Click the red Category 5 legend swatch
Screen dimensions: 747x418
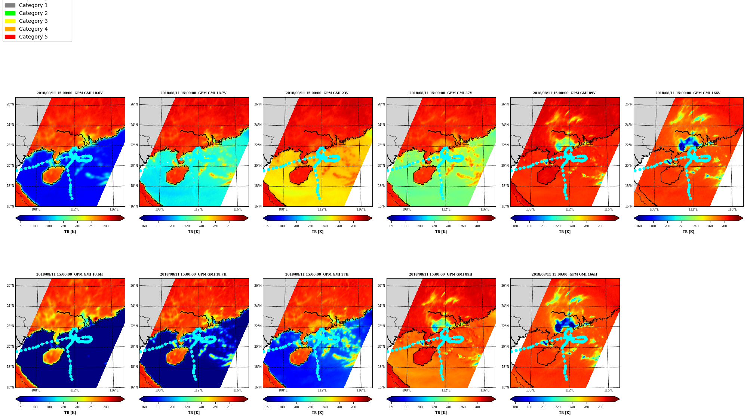(x=10, y=37)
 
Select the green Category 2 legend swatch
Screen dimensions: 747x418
(x=10, y=13)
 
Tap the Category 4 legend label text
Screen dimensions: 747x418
(x=33, y=29)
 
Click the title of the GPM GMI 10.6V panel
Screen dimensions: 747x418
(x=70, y=93)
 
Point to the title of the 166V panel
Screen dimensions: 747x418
(x=688, y=93)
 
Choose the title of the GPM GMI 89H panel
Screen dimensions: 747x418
(x=440, y=274)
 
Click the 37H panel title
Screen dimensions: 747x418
(x=317, y=274)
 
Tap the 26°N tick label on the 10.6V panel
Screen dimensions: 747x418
(x=10, y=104)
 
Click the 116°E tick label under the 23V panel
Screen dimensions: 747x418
(x=361, y=209)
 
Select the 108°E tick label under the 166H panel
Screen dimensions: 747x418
(x=530, y=390)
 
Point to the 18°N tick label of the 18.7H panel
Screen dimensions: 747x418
(x=134, y=367)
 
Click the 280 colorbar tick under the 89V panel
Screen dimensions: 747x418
(x=600, y=226)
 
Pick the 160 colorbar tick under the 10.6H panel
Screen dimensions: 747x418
(x=21, y=407)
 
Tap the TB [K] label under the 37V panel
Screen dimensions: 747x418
(x=441, y=232)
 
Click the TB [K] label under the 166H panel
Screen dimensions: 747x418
(x=565, y=413)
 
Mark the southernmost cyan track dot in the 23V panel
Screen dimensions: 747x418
(x=319, y=198)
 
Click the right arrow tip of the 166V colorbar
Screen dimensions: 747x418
(x=743, y=218)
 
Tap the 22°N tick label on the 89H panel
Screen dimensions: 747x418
(x=381, y=326)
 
